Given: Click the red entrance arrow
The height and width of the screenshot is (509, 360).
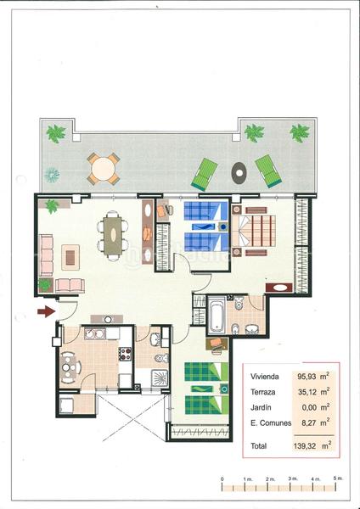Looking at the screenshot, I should tap(46, 312).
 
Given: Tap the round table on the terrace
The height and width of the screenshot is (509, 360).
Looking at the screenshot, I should tap(102, 167).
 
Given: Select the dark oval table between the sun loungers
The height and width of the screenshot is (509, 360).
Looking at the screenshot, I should tap(238, 171).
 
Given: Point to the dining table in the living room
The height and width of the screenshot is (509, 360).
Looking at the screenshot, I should tap(112, 232).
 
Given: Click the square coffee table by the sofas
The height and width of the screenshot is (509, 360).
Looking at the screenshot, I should tap(70, 253).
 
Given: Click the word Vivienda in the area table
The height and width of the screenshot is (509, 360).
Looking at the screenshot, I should tap(263, 376).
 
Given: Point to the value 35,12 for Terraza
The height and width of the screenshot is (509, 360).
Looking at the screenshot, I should tap(307, 391).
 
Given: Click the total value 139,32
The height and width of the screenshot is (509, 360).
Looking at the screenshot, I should tap(307, 444).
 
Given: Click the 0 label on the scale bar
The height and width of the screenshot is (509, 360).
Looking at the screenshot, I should tap(222, 480).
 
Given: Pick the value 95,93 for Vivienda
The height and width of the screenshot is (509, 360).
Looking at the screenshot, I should tap(307, 376).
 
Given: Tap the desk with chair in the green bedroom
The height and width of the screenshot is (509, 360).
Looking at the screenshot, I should tap(216, 345).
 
